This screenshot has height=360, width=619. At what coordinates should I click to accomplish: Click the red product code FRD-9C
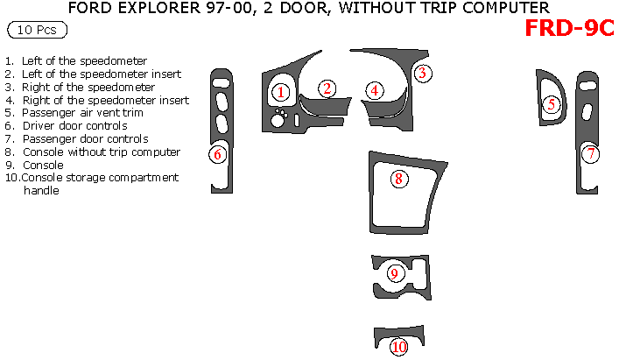pyautogui.click(x=568, y=28)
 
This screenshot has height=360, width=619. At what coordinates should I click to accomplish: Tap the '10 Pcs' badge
pyautogui.click(x=36, y=31)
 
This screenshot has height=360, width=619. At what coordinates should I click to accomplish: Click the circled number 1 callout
pyautogui.click(x=280, y=91)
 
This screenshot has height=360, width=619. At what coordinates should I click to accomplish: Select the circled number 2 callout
pyautogui.click(x=327, y=88)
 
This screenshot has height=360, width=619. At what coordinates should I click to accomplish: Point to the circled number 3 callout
pyautogui.click(x=421, y=73)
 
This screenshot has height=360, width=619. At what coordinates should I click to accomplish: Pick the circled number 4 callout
pyautogui.click(x=374, y=89)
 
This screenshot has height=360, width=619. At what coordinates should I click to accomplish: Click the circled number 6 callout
pyautogui.click(x=218, y=154)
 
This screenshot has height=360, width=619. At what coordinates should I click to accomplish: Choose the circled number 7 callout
pyautogui.click(x=591, y=154)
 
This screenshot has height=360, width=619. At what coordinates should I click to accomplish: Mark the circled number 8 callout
pyautogui.click(x=397, y=179)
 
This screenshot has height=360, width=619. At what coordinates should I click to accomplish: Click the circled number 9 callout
pyautogui.click(x=394, y=273)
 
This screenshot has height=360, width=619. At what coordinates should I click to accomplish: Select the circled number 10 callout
pyautogui.click(x=399, y=347)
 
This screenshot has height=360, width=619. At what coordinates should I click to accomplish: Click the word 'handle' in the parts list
pyautogui.click(x=40, y=190)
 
